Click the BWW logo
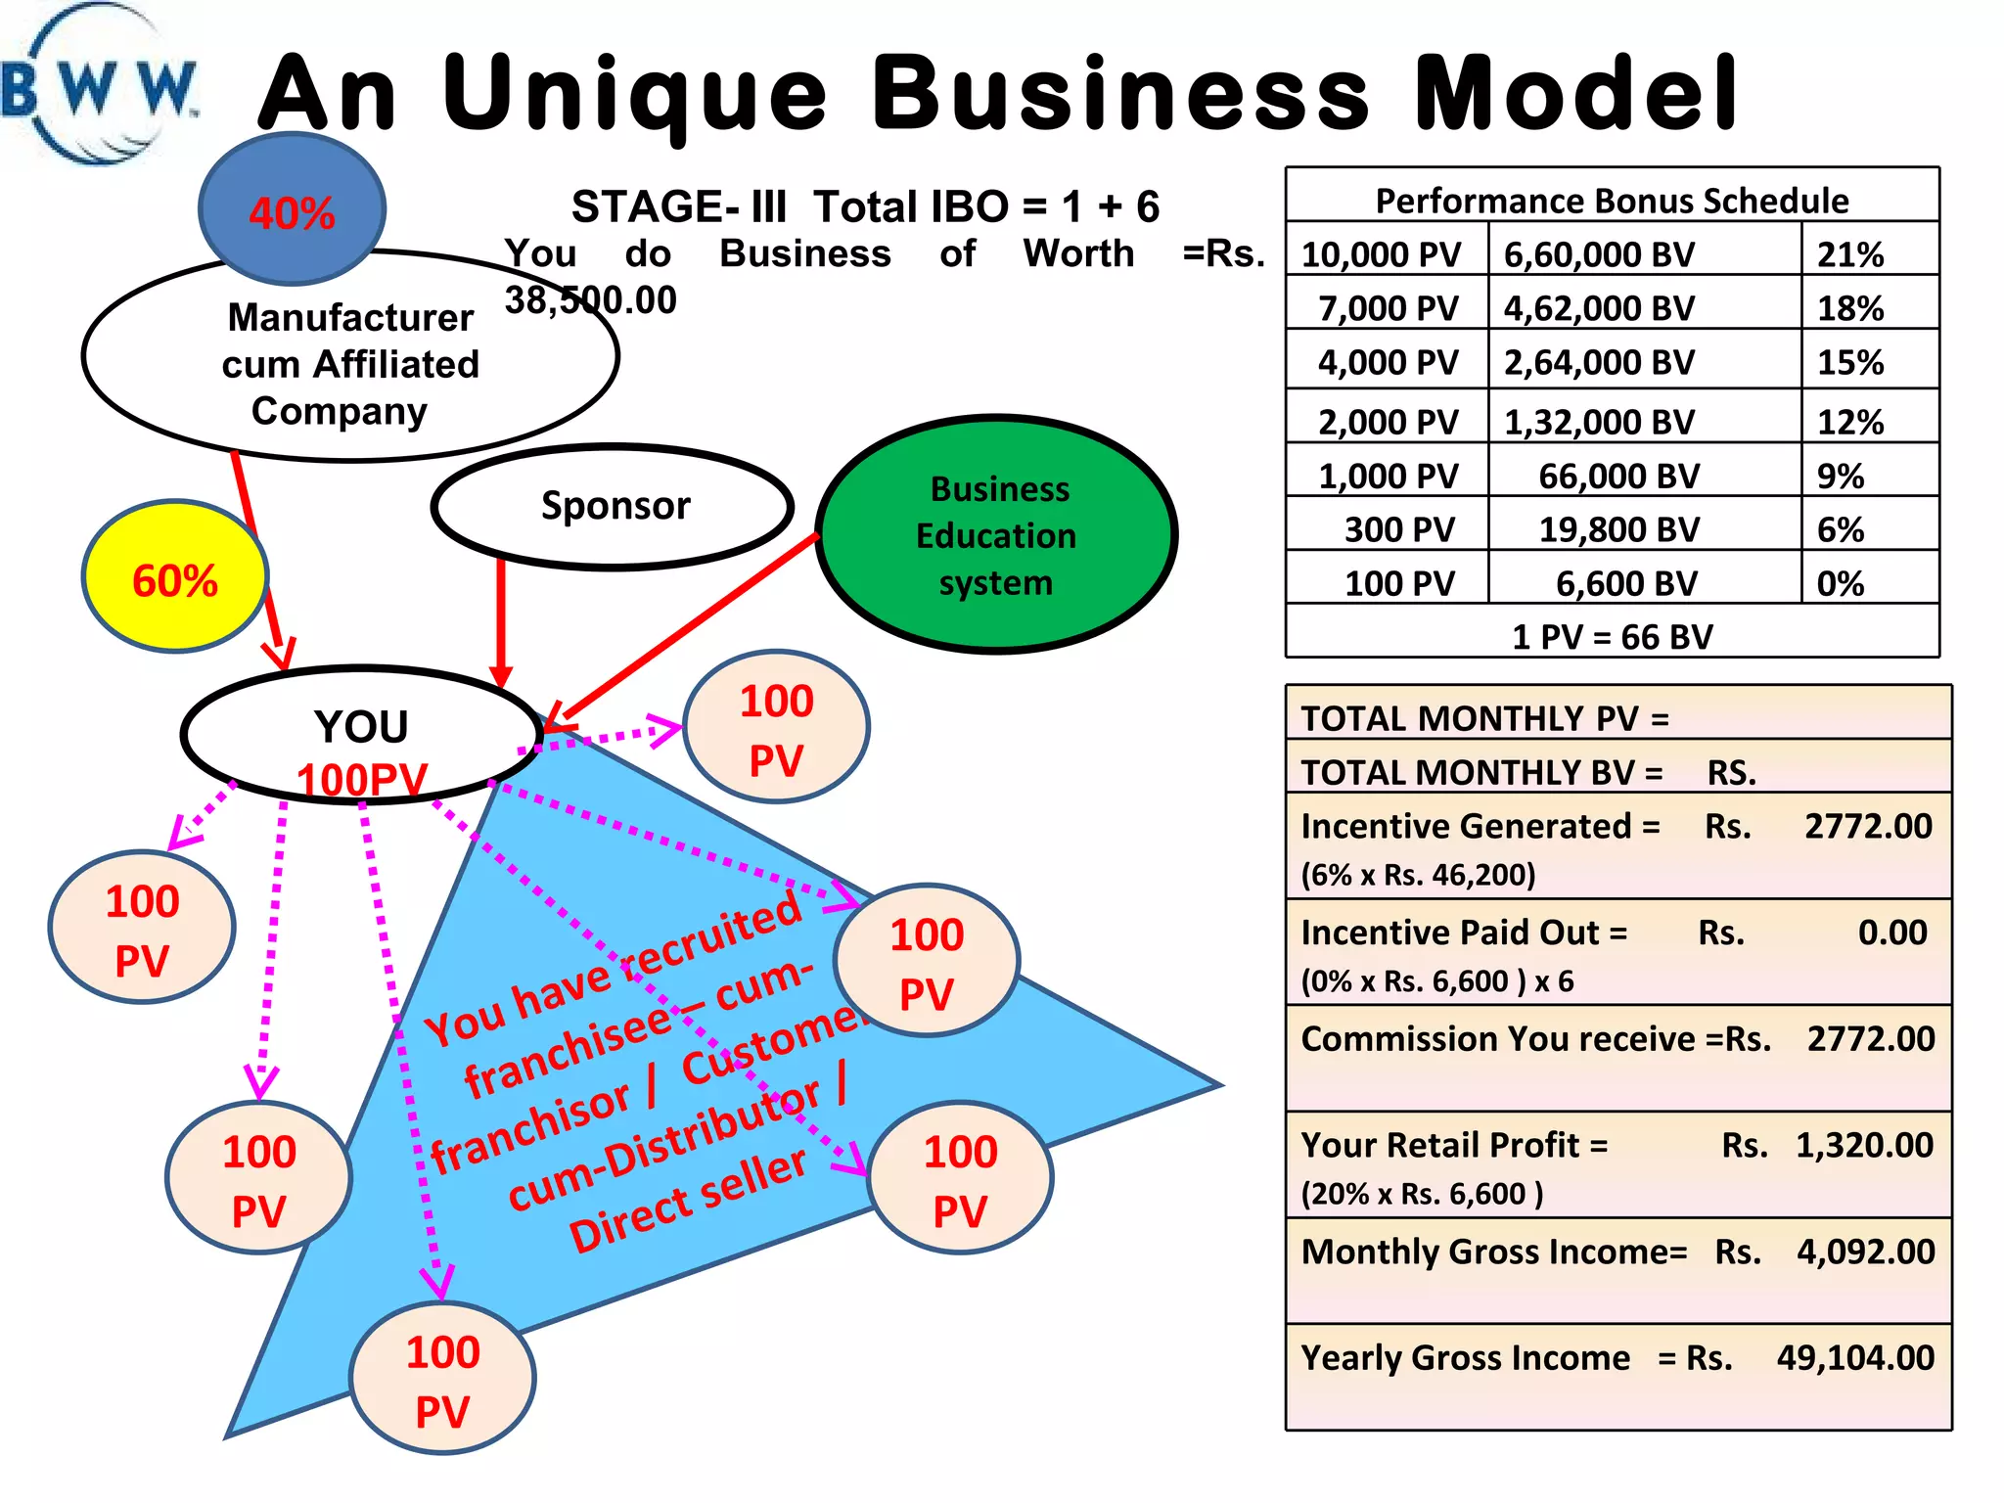coord(98,88)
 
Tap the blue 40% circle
coord(292,210)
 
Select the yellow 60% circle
coord(174,579)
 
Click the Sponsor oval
coord(614,506)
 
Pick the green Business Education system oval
coord(996,535)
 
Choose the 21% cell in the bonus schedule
coord(1849,254)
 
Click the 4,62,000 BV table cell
coord(1599,308)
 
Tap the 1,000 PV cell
coord(1388,476)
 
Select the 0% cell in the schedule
coord(1840,583)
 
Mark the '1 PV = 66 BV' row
coord(1612,636)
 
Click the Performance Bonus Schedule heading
coord(1612,201)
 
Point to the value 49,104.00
coord(1855,1357)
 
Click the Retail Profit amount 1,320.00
coord(1864,1144)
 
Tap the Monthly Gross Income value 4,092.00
coord(1865,1251)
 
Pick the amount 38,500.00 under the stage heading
coord(590,299)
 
